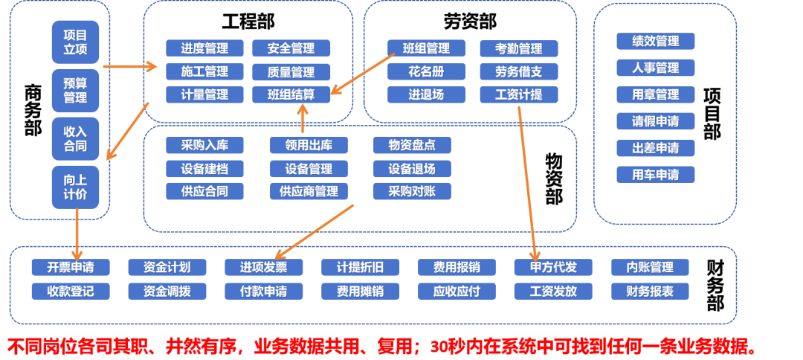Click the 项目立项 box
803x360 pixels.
[75, 42]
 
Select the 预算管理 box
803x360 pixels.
[75, 90]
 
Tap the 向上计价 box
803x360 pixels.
[75, 187]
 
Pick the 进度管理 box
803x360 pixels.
[204, 48]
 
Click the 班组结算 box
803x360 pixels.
[291, 94]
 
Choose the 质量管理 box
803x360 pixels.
[291, 72]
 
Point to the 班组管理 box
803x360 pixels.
[426, 48]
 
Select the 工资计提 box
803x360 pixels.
[518, 94]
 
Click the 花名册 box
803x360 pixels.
[426, 72]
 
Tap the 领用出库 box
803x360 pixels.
[309, 145]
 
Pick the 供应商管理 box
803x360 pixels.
[309, 191]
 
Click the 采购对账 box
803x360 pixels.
[412, 191]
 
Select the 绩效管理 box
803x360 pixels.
[655, 41]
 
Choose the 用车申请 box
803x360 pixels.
[655, 175]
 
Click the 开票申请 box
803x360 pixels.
[71, 267]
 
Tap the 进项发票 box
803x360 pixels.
[264, 267]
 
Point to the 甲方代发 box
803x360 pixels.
[553, 267]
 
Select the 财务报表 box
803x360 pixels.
[650, 291]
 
